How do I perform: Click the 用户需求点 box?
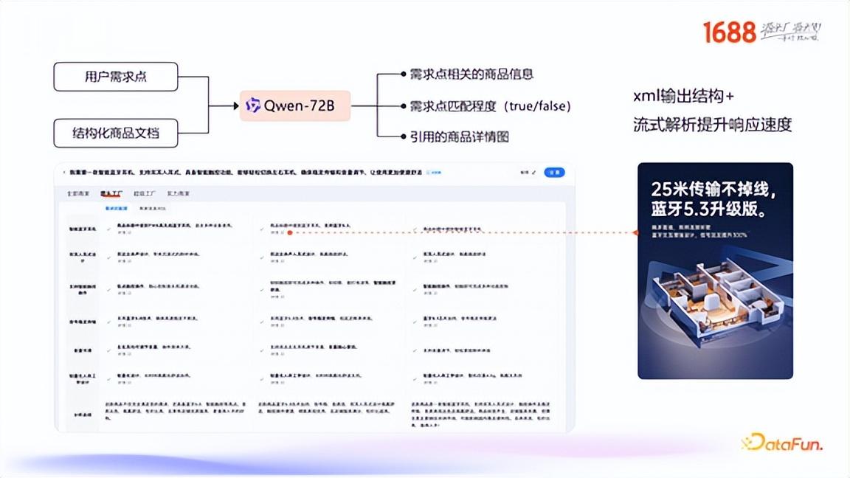[116, 77]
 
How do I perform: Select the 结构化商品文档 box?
[116, 134]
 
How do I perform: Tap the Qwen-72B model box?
[294, 105]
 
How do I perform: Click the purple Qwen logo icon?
[253, 105]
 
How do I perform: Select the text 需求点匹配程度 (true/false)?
[490, 105]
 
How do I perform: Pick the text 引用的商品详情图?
[459, 136]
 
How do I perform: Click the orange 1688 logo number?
[729, 32]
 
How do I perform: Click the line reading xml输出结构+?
[683, 97]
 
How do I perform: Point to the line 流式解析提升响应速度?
[712, 125]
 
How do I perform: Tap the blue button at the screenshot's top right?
[554, 173]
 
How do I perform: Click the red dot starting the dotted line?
[290, 232]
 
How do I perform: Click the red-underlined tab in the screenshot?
[111, 193]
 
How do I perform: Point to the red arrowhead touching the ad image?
[635, 232]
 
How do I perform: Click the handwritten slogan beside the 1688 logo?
[790, 32]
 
